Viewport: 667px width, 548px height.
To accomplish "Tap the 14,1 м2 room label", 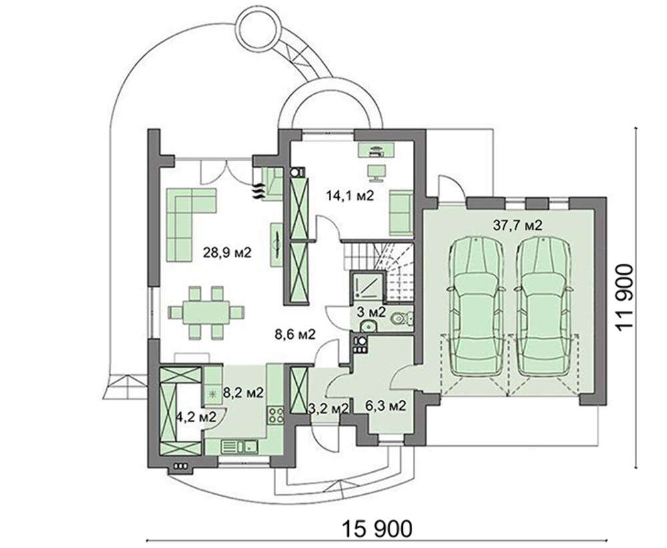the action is click(x=350, y=195).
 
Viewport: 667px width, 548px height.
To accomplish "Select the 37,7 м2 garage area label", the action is click(x=518, y=225).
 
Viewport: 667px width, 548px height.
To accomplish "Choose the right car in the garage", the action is click(x=543, y=306).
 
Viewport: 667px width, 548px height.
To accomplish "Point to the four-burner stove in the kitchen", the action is click(x=275, y=415).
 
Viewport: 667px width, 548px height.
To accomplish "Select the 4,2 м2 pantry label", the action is click(x=196, y=417).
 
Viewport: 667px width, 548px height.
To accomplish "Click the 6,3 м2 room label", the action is click(x=386, y=406).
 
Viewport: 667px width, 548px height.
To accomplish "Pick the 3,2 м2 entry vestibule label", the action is click(x=328, y=408).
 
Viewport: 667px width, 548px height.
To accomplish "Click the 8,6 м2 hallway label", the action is click(x=295, y=335).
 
